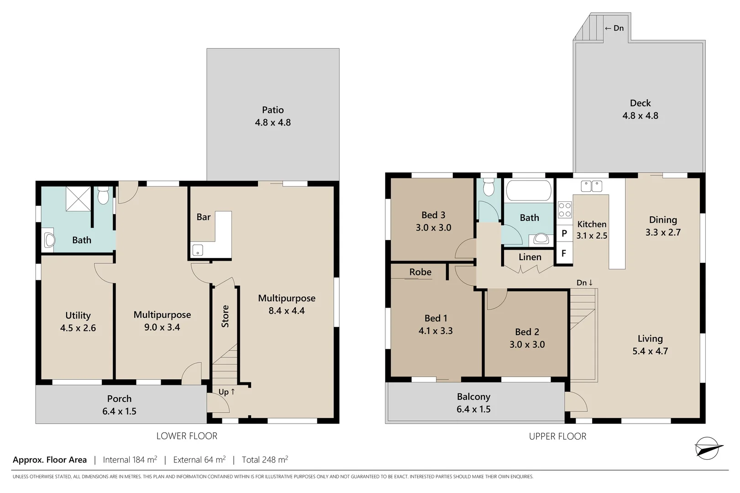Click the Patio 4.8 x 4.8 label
pos(273,116)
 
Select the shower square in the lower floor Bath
pos(79,199)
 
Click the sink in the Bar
pos(198,250)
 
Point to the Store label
pos(225,316)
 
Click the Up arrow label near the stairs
pos(226,392)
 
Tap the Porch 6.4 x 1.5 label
pos(119,405)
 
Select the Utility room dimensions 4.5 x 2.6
pos(78,328)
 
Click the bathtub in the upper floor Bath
pos(529,190)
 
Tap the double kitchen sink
pos(591,186)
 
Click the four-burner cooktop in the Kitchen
pos(565,210)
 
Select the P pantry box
pos(564,233)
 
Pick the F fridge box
pos(564,253)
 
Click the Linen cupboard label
pos(530,257)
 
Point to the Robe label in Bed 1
pos(420,272)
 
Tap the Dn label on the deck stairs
pos(614,28)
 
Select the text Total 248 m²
pos(265,460)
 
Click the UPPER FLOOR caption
pos(557,436)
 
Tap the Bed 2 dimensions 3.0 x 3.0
pos(527,345)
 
